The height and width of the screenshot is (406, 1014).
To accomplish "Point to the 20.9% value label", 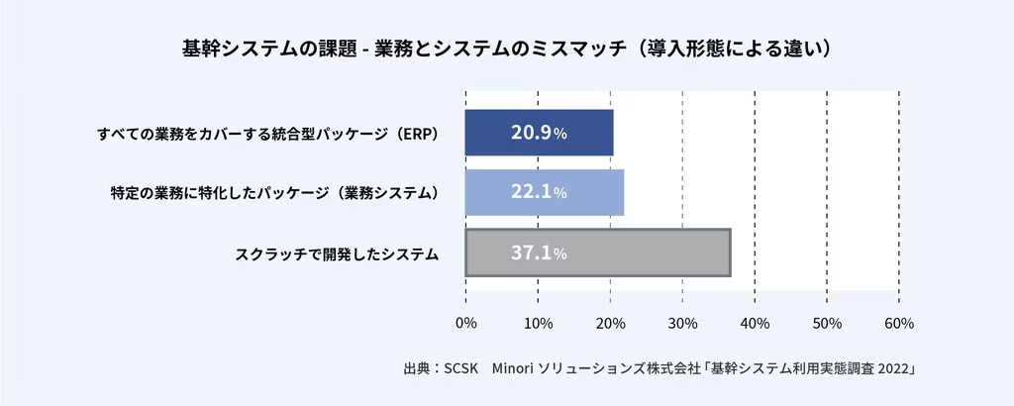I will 539,133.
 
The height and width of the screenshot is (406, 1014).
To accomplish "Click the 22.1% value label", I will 539,193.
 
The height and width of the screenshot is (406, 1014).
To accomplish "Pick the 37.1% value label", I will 539,254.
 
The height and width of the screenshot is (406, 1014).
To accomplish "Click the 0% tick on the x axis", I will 465,324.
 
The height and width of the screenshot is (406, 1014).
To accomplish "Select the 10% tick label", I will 538,324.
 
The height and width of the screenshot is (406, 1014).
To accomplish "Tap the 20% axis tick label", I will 610,324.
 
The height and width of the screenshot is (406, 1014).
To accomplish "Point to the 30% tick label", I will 682,324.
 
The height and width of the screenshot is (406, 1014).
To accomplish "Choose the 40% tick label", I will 755,324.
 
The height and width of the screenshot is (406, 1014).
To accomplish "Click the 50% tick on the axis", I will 827,324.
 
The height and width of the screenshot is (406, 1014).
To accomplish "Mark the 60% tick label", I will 899,324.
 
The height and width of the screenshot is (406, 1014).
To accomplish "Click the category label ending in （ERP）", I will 267,134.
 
